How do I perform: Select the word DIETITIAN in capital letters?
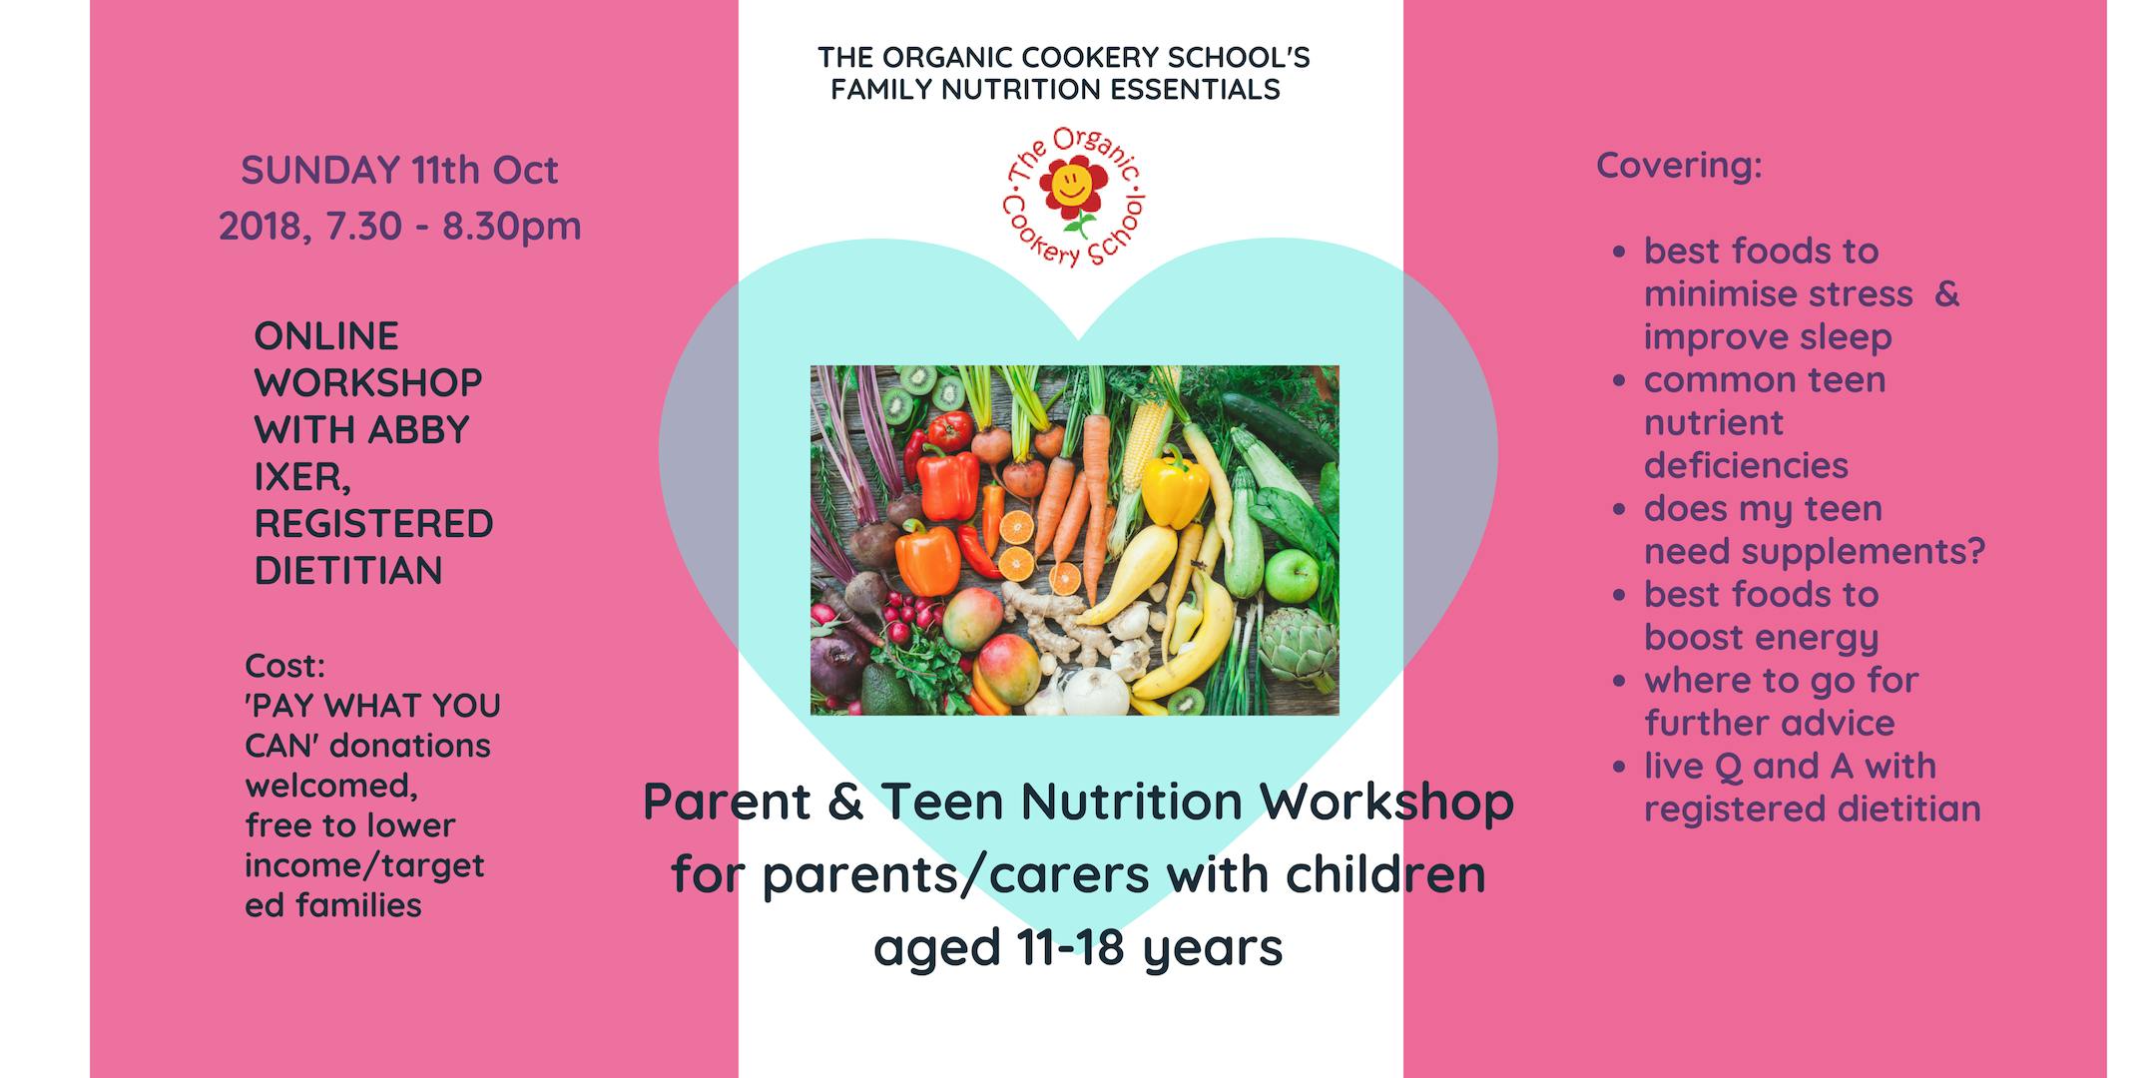(x=348, y=571)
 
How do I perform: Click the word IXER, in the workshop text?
(x=302, y=478)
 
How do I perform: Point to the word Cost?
(x=284, y=666)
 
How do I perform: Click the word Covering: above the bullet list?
(x=1679, y=166)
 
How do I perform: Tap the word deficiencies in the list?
(x=1746, y=465)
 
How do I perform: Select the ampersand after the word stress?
(x=1946, y=294)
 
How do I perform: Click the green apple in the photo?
(x=1292, y=575)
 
